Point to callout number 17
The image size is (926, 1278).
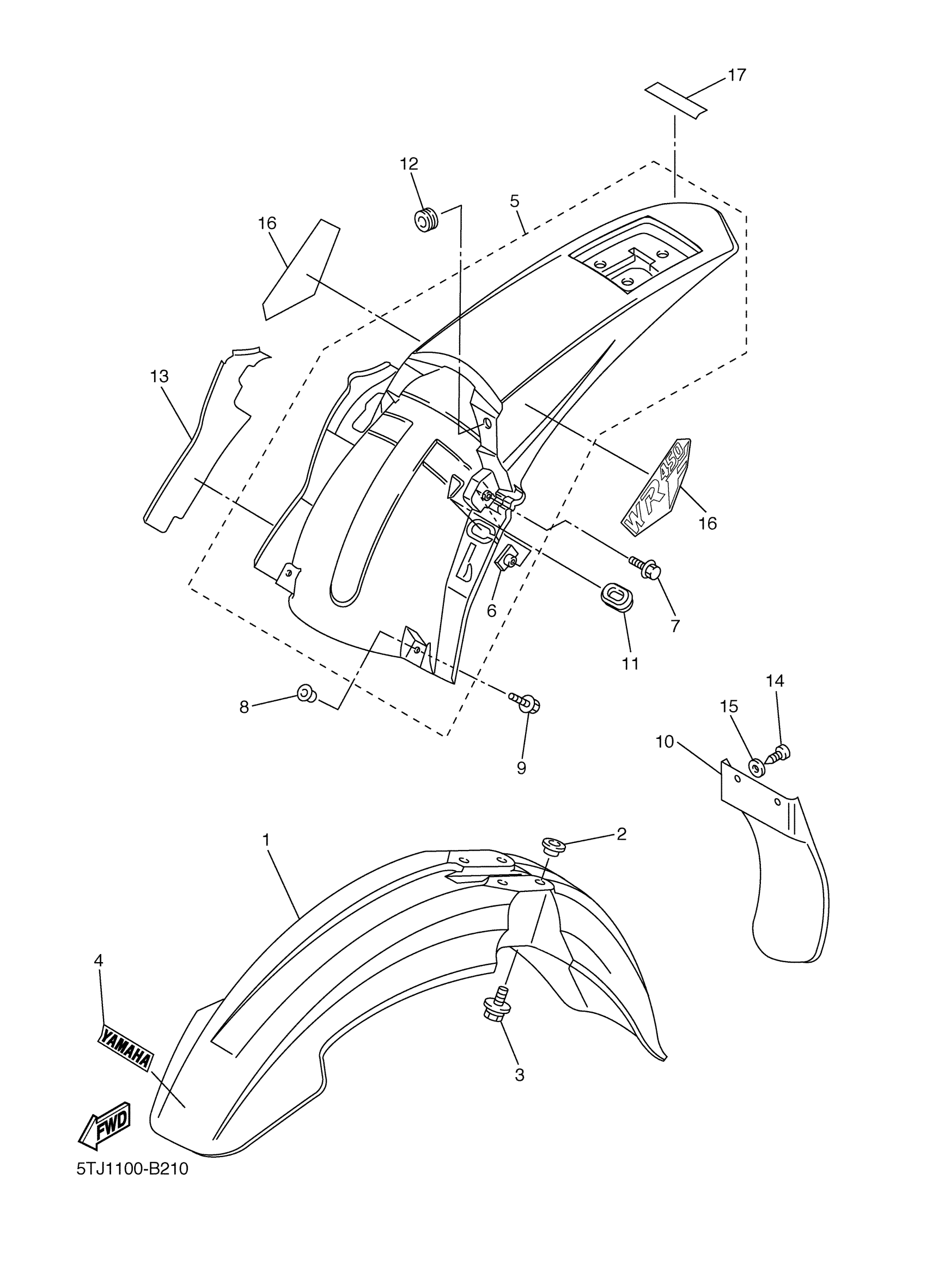click(x=736, y=75)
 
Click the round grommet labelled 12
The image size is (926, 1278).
click(x=429, y=219)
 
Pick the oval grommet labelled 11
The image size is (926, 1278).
click(x=617, y=598)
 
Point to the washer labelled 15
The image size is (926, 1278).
click(x=755, y=767)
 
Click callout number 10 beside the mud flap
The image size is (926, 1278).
click(x=665, y=742)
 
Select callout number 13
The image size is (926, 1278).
click(x=160, y=376)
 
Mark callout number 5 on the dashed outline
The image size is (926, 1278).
click(x=514, y=201)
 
